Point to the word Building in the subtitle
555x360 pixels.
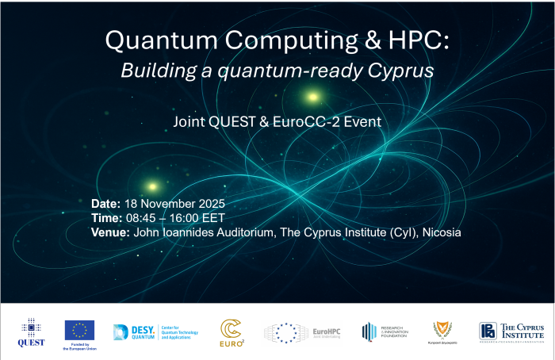[x=154, y=70]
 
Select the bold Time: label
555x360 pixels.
[x=106, y=218]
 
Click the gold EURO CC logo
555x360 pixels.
[x=231, y=332]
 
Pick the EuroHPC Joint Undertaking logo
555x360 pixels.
[x=300, y=331]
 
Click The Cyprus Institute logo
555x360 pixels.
[x=511, y=331]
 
